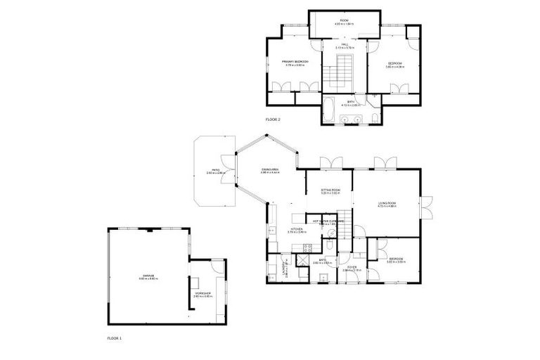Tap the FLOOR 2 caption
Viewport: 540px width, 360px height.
click(x=273, y=120)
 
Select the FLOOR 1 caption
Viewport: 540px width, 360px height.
click(x=114, y=337)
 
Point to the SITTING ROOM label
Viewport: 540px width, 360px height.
click(x=330, y=190)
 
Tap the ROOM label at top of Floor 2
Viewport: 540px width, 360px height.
click(x=345, y=21)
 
